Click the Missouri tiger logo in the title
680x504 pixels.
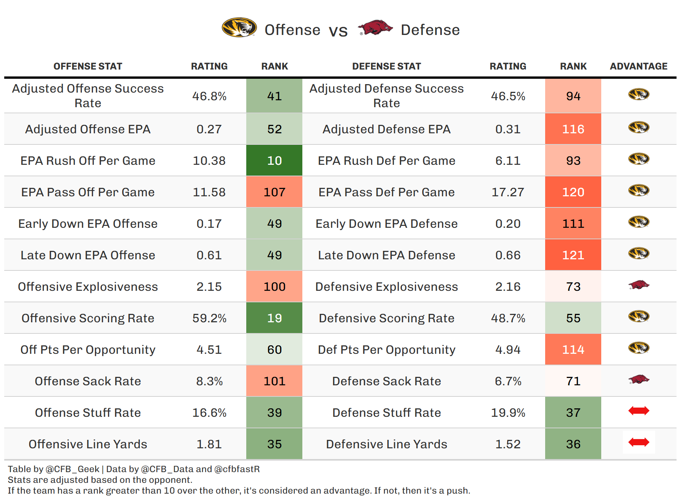coord(239,28)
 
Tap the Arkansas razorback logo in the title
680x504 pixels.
coord(375,28)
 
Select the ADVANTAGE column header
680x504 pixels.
coord(639,66)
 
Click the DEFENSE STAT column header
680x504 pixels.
coord(386,66)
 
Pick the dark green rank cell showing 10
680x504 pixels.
coord(274,161)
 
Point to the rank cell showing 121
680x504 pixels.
coord(573,255)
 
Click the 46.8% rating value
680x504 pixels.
coord(209,96)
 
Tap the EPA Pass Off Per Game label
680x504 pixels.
coord(88,192)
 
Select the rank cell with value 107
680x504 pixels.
coord(274,192)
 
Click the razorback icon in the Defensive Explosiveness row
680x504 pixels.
coord(639,285)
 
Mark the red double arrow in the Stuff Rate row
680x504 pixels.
coord(639,411)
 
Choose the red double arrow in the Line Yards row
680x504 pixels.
coord(639,443)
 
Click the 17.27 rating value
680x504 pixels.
coord(508,192)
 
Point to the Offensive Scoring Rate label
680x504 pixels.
coord(88,318)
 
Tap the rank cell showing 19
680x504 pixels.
coord(274,318)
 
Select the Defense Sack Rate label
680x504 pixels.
coord(386,381)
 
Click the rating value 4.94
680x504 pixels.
coord(508,350)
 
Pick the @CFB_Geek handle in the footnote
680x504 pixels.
coord(73,469)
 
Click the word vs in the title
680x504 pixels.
coord(338,31)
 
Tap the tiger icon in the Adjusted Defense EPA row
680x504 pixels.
coord(639,127)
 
